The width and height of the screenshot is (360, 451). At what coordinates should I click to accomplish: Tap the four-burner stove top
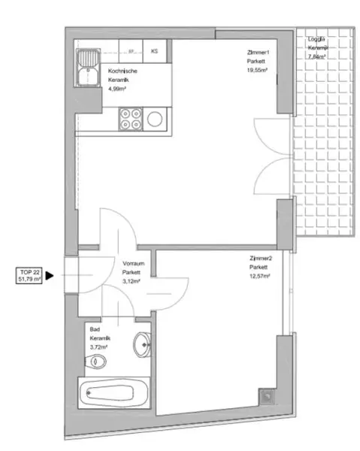[x=129, y=119]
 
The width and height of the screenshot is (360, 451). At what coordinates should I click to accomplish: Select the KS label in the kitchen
[x=154, y=51]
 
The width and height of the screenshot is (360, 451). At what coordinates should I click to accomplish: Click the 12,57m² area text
[x=260, y=276]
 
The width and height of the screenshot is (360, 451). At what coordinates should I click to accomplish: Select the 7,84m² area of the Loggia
[x=319, y=56]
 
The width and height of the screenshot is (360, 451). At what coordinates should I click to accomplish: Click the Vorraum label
[x=133, y=264]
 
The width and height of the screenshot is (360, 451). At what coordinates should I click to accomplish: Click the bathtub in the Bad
[x=113, y=393]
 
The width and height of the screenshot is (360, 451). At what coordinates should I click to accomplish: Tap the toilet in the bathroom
[x=95, y=362]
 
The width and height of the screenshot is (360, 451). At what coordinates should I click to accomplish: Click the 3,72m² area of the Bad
[x=98, y=347]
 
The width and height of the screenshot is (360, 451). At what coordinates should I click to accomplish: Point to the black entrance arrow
[x=50, y=275]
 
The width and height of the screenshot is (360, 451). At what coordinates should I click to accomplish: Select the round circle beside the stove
[x=156, y=119]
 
